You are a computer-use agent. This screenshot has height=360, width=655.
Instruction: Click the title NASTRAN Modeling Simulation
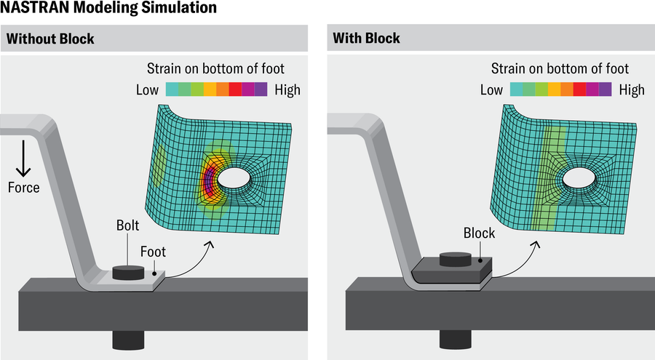[108, 9]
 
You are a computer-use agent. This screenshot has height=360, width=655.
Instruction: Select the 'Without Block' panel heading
[50, 38]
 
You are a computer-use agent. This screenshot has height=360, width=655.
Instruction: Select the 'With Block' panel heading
[366, 38]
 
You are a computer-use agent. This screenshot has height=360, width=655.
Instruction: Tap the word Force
[23, 188]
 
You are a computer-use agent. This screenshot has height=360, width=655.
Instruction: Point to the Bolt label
[127, 225]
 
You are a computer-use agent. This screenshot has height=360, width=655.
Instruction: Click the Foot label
[154, 252]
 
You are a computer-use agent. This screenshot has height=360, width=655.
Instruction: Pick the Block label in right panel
[479, 233]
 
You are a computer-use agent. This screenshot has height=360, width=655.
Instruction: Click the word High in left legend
[287, 90]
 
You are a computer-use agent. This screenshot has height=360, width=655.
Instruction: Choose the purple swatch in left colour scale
[261, 90]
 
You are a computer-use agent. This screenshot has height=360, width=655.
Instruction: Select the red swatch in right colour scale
[579, 90]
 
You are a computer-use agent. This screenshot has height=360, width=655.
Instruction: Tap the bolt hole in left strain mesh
[234, 176]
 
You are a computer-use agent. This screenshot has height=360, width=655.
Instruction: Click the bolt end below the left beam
[128, 339]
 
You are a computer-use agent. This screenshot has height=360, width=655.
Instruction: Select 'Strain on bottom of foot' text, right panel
[560, 69]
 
